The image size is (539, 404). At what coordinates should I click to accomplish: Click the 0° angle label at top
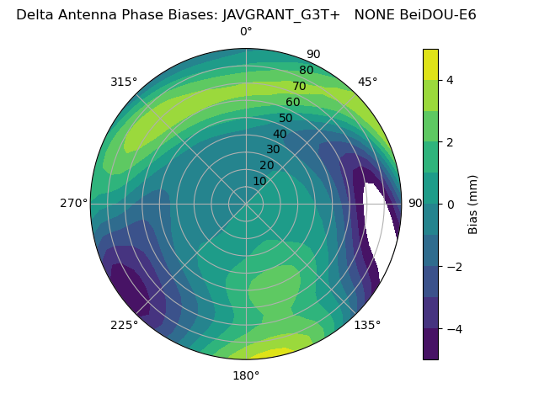click(x=246, y=32)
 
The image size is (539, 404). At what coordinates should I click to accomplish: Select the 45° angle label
click(x=367, y=82)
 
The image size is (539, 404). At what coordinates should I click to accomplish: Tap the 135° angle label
click(x=367, y=325)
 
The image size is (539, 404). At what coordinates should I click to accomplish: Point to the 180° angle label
click(x=246, y=375)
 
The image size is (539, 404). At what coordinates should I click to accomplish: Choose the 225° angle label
click(x=124, y=325)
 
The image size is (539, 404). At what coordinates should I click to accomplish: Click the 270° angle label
click(x=73, y=204)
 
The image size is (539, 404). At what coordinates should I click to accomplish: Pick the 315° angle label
click(x=124, y=82)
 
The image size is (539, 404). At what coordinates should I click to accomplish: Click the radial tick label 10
click(x=259, y=181)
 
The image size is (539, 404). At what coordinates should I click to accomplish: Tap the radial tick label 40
click(x=280, y=134)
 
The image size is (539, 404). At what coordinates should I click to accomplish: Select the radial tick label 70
click(x=299, y=86)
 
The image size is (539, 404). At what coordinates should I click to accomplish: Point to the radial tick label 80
click(x=306, y=71)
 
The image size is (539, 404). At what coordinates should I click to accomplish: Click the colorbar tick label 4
click(x=450, y=80)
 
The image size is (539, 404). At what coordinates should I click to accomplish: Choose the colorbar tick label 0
click(x=450, y=204)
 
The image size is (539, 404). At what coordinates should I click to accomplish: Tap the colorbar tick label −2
click(x=453, y=266)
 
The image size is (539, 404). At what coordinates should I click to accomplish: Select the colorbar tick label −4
click(x=453, y=328)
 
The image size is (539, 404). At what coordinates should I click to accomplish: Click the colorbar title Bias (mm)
click(x=473, y=204)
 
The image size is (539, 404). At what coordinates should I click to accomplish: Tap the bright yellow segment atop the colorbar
click(x=430, y=64)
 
